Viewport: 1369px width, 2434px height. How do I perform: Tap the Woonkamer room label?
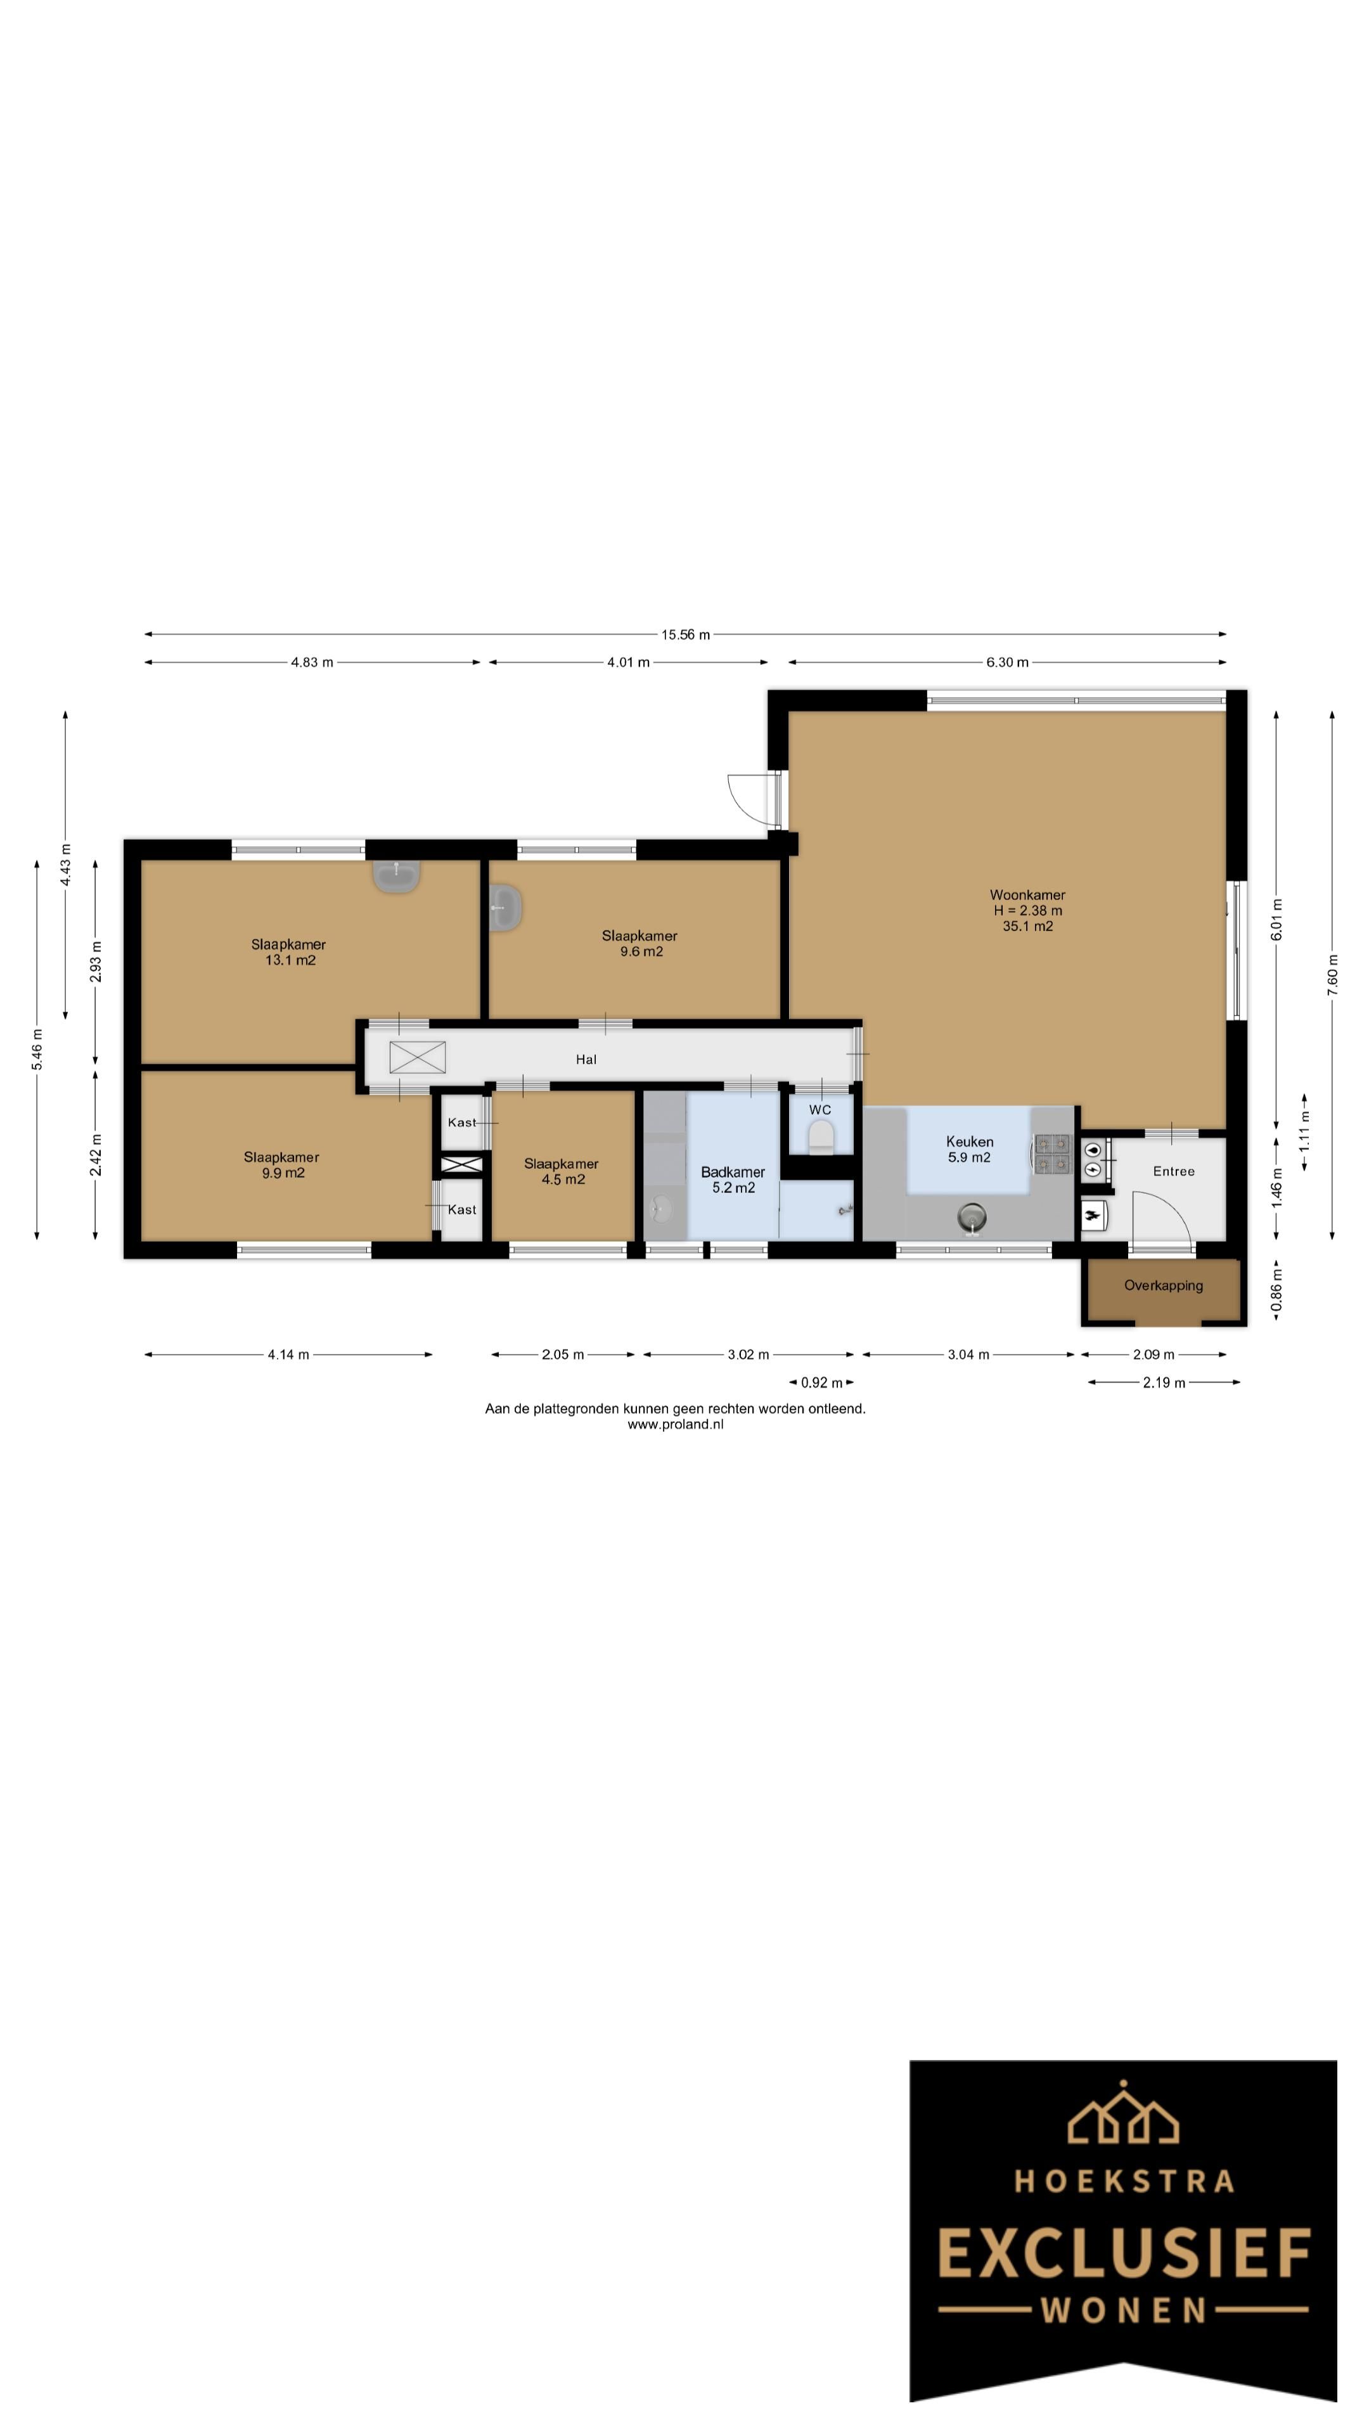1027,895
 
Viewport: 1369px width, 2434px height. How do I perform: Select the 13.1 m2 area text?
290,960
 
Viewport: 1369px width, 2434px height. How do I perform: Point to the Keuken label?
969,1142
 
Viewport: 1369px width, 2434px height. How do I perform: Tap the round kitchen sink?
971,1217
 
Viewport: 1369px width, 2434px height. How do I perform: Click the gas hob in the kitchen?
1051,1154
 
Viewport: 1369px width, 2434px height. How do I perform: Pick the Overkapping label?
1163,1285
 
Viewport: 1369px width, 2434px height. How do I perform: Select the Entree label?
1173,1171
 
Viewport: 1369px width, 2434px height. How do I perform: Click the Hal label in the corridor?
586,1059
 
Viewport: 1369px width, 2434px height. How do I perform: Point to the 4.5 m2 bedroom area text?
563,1179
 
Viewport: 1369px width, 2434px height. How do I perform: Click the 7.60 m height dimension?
1332,974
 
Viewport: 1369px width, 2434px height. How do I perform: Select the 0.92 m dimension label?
821,1382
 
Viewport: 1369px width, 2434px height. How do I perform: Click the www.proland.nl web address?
676,1424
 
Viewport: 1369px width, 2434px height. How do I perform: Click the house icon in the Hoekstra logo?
1123,2114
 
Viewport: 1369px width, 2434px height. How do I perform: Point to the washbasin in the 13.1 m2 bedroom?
397,876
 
